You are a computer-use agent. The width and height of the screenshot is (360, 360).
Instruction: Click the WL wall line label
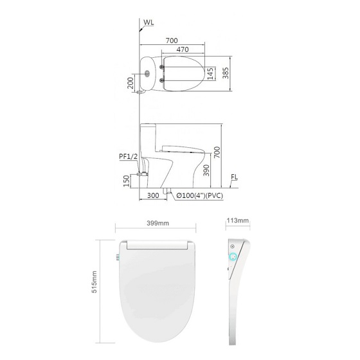(x=148, y=22)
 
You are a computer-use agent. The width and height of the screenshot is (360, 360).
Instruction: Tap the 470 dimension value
(x=183, y=50)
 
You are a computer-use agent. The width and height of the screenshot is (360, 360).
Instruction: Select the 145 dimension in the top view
(x=210, y=74)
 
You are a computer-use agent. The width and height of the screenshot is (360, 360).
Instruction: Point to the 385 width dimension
(x=226, y=73)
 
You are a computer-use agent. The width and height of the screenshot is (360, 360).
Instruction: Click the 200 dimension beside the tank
(x=130, y=83)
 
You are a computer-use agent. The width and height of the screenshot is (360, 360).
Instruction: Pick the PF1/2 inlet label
(x=129, y=157)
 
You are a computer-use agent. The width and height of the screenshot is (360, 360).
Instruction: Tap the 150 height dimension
(x=127, y=181)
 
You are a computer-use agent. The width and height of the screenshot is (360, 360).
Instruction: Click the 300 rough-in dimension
(x=153, y=195)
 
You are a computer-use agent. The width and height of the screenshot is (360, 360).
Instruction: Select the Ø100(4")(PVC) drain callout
(x=200, y=195)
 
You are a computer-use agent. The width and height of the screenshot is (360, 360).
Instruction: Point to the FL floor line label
(x=235, y=177)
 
